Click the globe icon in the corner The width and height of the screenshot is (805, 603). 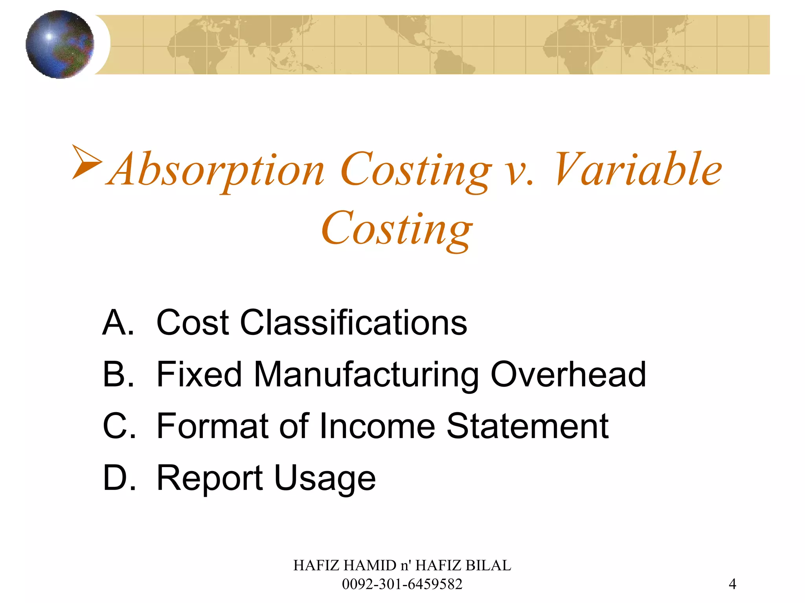point(60,44)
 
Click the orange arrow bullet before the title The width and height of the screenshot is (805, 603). point(87,162)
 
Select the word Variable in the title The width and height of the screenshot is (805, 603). point(638,169)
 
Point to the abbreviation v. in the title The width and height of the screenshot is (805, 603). point(519,173)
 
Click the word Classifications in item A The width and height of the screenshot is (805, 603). point(353,323)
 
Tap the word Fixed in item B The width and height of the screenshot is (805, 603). point(199,375)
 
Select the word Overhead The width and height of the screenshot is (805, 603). point(568,375)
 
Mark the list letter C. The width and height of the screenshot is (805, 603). point(118,426)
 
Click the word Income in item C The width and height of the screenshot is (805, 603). point(377,426)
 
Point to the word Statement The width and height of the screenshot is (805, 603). point(527,426)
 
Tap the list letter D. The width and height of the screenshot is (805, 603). point(118,478)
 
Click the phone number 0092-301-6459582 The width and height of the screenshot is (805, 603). point(402,584)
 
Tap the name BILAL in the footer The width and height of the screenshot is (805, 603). point(488,565)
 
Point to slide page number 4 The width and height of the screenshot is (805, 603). point(732,584)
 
